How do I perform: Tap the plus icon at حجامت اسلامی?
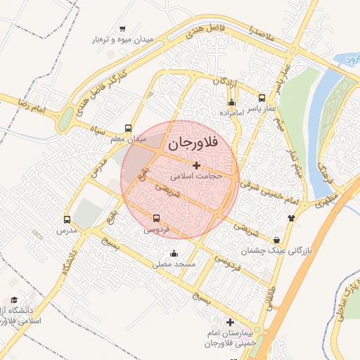[195, 165]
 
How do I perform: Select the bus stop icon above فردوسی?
[157, 218]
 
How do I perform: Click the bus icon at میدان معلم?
[127, 129]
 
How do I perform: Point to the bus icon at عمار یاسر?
[262, 98]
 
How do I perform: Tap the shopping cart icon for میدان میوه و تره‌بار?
[123, 29]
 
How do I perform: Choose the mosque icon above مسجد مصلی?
[174, 254]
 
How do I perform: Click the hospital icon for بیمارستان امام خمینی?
[229, 323]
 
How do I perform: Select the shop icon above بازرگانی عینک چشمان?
[276, 240]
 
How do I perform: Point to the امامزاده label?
[231, 112]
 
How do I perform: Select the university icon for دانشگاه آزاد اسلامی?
[14, 300]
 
